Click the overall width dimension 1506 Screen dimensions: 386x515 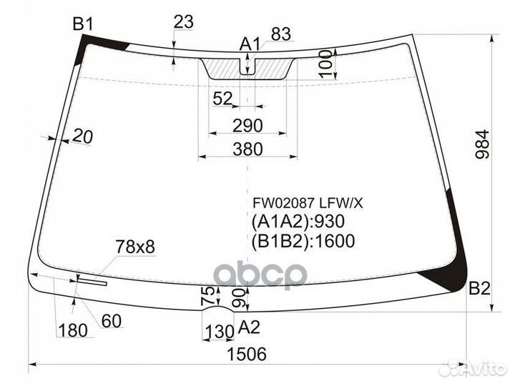pyautogui.click(x=247, y=354)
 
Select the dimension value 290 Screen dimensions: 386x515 pyautogui.click(x=247, y=126)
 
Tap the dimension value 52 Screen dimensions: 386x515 pyautogui.click(x=223, y=99)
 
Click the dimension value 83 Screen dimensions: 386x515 pyautogui.click(x=280, y=34)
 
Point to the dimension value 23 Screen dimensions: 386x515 pyautogui.click(x=183, y=22)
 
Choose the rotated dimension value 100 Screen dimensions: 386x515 pyautogui.click(x=327, y=64)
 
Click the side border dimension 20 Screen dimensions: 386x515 pyautogui.click(x=83, y=137)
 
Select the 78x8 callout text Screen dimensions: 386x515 pyautogui.click(x=135, y=247)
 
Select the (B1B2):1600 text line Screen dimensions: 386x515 pyautogui.click(x=303, y=241)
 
